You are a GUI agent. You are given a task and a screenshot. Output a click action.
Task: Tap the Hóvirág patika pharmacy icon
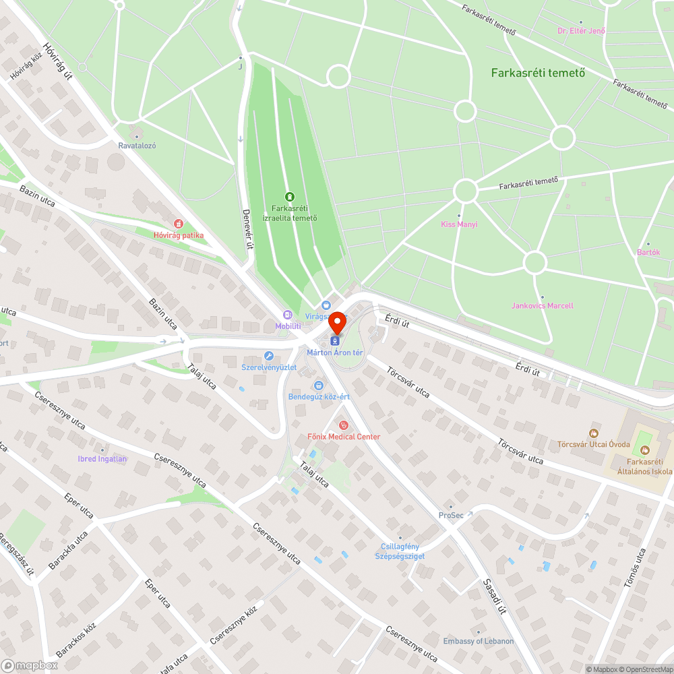[x=179, y=223]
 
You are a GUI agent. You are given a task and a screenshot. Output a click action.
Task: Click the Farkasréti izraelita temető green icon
[x=289, y=196]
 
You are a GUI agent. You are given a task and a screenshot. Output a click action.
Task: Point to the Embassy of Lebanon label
[x=479, y=641]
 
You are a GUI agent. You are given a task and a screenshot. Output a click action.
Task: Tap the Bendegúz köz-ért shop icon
[x=318, y=385]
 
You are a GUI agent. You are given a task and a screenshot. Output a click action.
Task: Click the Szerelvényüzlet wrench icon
[x=269, y=356]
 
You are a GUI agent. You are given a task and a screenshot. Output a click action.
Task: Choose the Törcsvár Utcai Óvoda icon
[x=594, y=433]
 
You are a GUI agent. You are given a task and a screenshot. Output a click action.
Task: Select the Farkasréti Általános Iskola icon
[x=645, y=450]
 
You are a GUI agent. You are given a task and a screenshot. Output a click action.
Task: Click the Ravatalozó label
[x=137, y=145]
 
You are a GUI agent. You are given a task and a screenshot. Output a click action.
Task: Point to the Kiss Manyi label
[x=459, y=224]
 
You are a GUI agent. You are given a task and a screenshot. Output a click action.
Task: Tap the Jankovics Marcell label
[x=542, y=305]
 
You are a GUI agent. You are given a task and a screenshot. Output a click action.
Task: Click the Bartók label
[x=648, y=252]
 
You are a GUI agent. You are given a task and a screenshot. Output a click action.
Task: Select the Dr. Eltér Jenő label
[x=581, y=30]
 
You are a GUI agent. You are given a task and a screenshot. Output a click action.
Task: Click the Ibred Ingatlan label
[x=102, y=459]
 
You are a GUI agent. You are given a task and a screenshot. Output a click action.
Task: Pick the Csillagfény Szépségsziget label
[x=400, y=551]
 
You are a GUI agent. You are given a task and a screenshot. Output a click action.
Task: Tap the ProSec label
[x=451, y=515]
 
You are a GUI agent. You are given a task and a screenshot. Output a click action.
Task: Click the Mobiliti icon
[x=288, y=315]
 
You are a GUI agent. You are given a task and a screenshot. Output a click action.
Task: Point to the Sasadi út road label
[x=495, y=597]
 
